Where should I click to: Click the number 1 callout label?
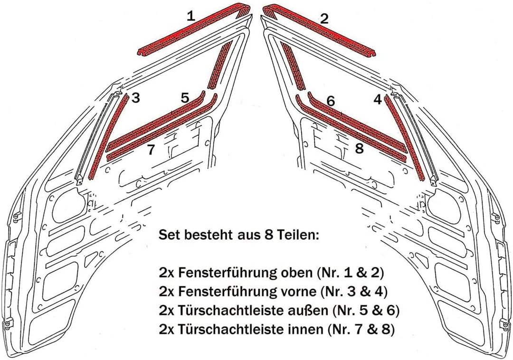pos(190,17)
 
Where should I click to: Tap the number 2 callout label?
pos(324,19)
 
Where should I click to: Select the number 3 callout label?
pos(136,98)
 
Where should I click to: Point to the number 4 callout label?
pos(377,100)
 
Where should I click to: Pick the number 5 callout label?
pos(185,98)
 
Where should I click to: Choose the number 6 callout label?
pos(331,101)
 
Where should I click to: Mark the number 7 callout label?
pos(151,151)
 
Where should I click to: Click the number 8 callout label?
pos(359,149)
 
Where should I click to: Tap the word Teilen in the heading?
pos(291,235)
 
